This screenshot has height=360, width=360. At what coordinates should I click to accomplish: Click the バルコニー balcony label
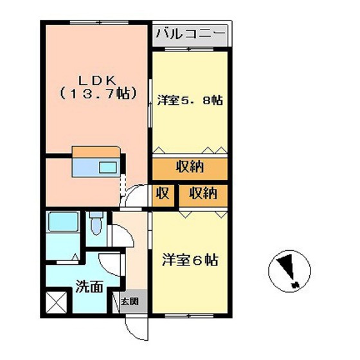(190, 32)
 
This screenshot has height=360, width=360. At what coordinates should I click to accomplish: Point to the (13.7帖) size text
(97, 94)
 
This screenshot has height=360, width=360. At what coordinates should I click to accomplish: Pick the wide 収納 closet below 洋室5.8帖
(190, 167)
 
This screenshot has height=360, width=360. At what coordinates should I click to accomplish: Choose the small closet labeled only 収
(163, 194)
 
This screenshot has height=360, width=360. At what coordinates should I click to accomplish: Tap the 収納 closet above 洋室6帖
(203, 194)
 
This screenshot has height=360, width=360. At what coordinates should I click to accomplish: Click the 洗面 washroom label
(87, 287)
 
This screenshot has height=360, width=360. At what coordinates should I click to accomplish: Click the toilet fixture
(96, 224)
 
